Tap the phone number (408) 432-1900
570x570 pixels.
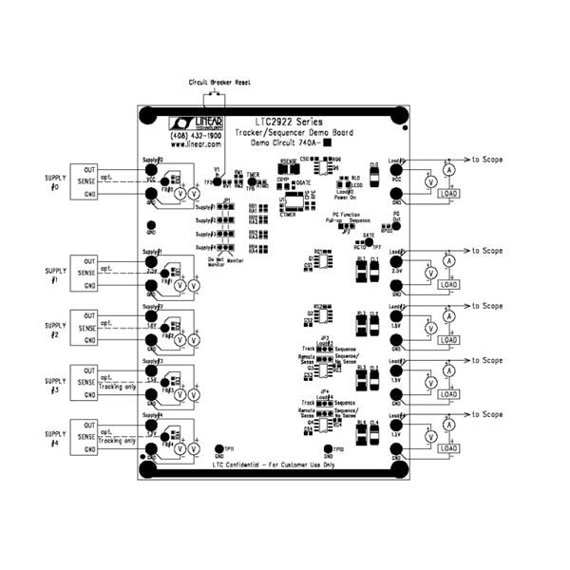coord(197,135)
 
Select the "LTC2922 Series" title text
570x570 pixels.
coord(289,123)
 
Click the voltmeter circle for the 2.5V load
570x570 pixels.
coord(429,273)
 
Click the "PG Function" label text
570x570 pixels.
coord(350,216)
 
